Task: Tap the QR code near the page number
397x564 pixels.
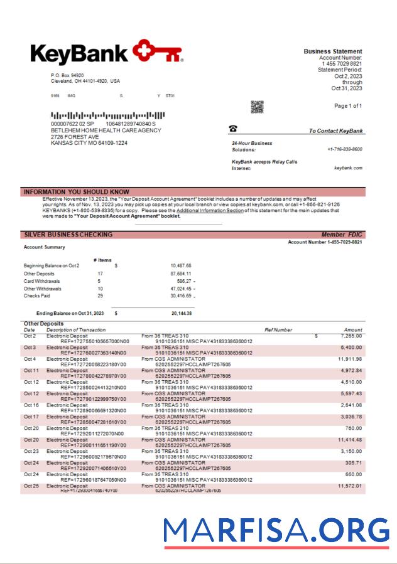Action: pos(258,107)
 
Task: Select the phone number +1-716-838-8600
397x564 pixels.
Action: pos(344,149)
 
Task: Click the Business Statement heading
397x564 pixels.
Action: pos(333,51)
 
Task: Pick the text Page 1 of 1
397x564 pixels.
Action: pos(348,106)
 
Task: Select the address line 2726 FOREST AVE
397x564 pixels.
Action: pos(75,137)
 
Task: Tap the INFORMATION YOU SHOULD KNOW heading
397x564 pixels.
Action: pos(76,192)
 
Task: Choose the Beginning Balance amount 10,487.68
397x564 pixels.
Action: pos(181,266)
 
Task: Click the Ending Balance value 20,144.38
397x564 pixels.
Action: pos(182,312)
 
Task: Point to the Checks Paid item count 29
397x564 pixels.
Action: pos(100,295)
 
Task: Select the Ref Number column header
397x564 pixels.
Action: pos(278,329)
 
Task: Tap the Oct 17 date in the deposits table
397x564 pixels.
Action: pos(31,417)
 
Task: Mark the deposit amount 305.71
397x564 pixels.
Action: pos(354,462)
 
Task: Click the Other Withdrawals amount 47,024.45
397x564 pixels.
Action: pos(179,289)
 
